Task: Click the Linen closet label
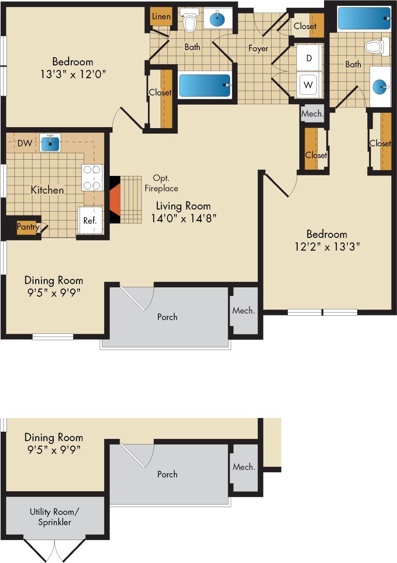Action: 161,17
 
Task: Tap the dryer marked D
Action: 309,58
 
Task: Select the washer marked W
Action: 309,84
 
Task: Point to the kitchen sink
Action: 50,143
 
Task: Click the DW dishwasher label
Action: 24,143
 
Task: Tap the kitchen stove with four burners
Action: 92,178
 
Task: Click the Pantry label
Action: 28,227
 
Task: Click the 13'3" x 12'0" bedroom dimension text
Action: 73,74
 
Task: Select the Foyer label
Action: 258,48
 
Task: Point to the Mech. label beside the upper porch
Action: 244,310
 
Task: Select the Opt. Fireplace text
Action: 161,183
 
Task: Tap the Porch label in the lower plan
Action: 167,474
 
